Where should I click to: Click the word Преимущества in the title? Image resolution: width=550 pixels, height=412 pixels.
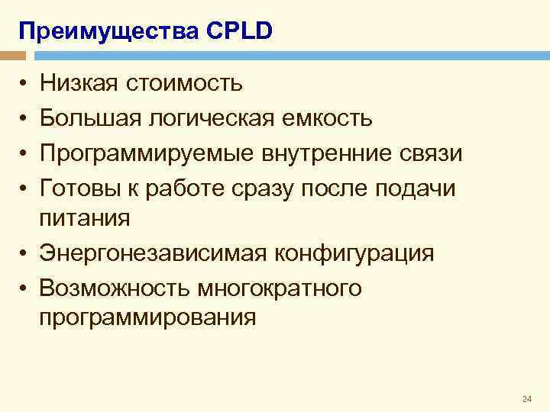point(108,31)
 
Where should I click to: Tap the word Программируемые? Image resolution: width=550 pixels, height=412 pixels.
point(148,153)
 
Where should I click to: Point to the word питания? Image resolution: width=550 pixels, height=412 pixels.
point(86,218)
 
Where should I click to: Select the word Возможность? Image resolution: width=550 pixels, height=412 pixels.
point(114,288)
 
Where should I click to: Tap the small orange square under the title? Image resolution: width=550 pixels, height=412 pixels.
point(13,56)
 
